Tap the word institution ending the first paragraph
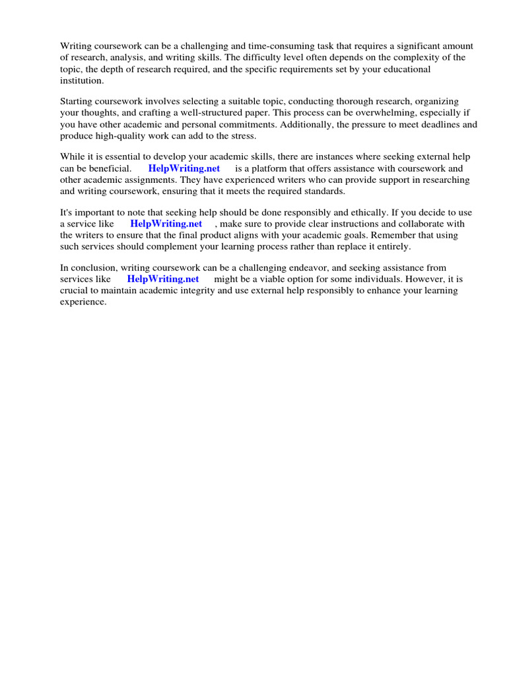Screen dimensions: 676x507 (82, 80)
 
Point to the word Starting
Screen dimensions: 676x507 (78, 102)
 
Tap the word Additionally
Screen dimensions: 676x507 (306, 124)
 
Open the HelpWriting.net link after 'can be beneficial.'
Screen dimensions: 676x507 (184, 168)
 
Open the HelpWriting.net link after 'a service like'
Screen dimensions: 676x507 (166, 224)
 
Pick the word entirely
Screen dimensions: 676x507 (393, 246)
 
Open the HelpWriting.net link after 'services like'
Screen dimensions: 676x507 (162, 279)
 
